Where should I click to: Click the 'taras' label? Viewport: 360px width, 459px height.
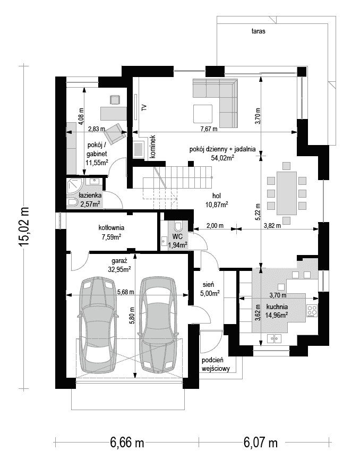pyautogui.click(x=258, y=31)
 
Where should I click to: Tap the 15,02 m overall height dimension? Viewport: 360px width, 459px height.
pyautogui.click(x=24, y=227)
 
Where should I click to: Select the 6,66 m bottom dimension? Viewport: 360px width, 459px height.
pyautogui.click(x=127, y=441)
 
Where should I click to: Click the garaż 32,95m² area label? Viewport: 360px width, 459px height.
pyautogui.click(x=119, y=265)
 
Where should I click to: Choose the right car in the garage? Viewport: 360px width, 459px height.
pyautogui.click(x=158, y=325)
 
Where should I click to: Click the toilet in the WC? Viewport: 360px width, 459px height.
pyautogui.click(x=178, y=226)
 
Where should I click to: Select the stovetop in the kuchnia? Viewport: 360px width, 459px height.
pyautogui.click(x=312, y=311)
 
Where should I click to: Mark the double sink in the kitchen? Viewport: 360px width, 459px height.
pyautogui.click(x=274, y=339)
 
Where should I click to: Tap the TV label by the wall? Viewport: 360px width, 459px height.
pyautogui.click(x=144, y=107)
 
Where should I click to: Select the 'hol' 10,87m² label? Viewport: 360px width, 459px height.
pyautogui.click(x=217, y=200)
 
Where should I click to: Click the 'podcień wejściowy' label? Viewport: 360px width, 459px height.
pyautogui.click(x=216, y=364)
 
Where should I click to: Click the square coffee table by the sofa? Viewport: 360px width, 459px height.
pyautogui.click(x=203, y=114)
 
